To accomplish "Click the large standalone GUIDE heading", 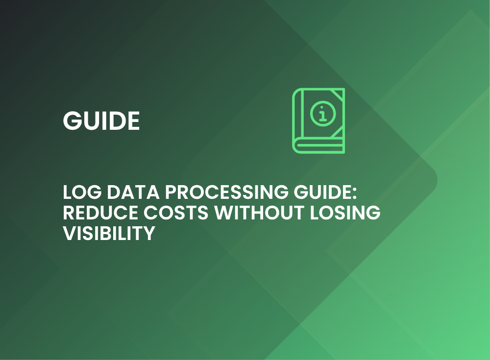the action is click(x=101, y=120).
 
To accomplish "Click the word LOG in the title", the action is click(x=82, y=192).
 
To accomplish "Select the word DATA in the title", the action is click(x=133, y=192).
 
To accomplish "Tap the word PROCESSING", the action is click(x=226, y=192).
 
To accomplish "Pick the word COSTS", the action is click(x=176, y=213).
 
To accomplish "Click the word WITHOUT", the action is click(x=259, y=213).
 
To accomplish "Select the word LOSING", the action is click(x=345, y=213).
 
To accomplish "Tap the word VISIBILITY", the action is click(x=109, y=233).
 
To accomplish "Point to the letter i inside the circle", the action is click(x=323, y=114).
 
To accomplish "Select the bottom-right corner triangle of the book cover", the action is click(x=338, y=132).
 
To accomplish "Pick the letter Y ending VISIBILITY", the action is click(x=149, y=233).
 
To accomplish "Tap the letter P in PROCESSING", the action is click(x=171, y=192).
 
